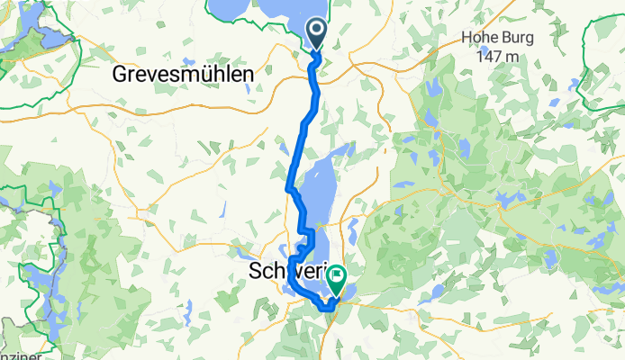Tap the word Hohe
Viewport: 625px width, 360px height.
[480, 39]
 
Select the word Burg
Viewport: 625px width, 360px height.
[518, 39]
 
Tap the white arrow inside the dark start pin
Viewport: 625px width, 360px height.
[319, 33]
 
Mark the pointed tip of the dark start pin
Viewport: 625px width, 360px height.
[319, 53]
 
